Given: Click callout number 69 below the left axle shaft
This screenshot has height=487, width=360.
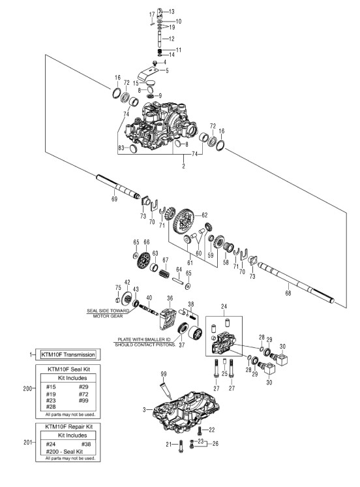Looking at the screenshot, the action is (x=114, y=198).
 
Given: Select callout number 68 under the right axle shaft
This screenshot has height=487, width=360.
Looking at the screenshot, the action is (x=288, y=292).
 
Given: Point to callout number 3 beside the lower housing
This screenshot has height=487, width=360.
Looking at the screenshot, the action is (x=144, y=410).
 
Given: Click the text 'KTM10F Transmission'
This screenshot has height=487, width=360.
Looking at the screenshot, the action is (x=68, y=354).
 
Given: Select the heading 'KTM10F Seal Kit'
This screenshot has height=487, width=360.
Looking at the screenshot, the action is (x=68, y=369).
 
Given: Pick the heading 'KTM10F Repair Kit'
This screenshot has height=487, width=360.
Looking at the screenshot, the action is (x=69, y=426).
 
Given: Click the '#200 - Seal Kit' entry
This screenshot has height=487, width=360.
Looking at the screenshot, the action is (x=65, y=451).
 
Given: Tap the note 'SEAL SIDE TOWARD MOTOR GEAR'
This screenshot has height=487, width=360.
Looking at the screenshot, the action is (x=108, y=313).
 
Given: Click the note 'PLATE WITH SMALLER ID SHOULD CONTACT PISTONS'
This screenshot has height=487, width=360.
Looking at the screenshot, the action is (x=145, y=342).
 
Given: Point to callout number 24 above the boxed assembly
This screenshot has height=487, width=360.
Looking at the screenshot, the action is (x=224, y=307).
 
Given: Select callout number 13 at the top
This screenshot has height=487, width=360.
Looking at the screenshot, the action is (x=172, y=12).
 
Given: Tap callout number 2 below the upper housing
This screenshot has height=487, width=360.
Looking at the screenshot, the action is (x=184, y=166).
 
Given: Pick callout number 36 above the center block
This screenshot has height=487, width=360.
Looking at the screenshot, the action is (x=170, y=298).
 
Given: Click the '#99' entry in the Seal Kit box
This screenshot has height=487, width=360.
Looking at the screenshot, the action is (x=83, y=401).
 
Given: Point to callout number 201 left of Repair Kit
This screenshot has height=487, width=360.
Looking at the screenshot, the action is (x=27, y=442).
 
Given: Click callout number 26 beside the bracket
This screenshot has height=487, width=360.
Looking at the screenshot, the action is (x=215, y=443).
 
